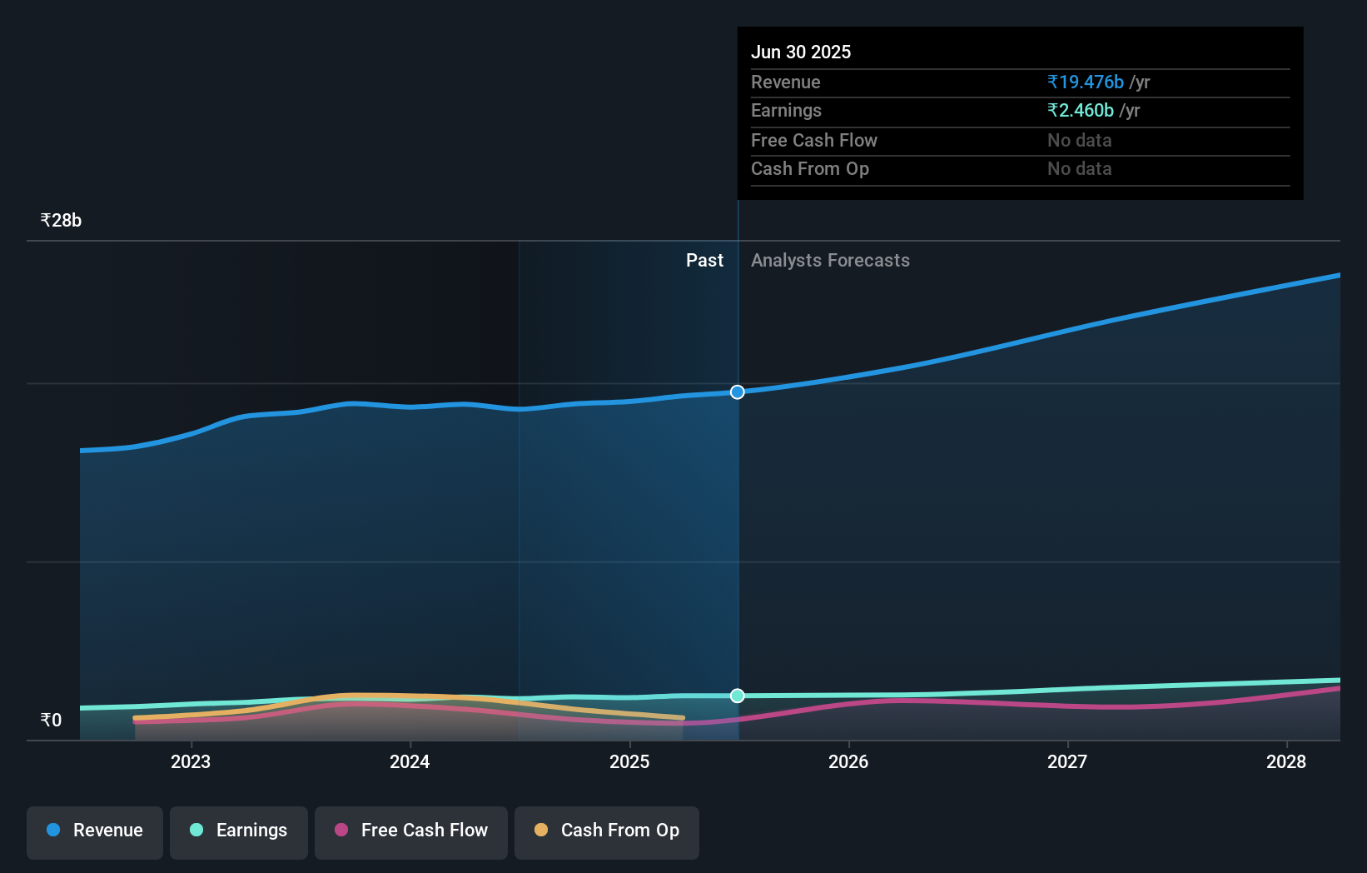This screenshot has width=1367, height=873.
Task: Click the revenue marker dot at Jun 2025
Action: (x=738, y=392)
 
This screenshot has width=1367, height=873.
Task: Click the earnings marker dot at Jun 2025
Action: (x=738, y=696)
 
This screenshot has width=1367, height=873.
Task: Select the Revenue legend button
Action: (x=95, y=831)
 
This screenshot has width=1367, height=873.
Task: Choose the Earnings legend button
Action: (x=239, y=831)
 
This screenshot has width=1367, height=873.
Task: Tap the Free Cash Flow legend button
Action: (x=411, y=831)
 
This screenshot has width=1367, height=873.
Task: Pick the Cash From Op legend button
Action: (x=607, y=831)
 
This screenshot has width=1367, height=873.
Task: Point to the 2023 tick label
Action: (x=191, y=762)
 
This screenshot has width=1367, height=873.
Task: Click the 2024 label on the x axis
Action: (x=410, y=762)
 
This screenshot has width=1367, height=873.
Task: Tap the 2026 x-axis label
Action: (x=848, y=762)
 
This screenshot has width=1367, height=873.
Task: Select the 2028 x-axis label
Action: (x=1286, y=762)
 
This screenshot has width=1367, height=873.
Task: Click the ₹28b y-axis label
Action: (x=61, y=221)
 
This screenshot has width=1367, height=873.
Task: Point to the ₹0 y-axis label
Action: (x=51, y=721)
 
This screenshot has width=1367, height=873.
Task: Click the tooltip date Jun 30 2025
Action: (x=801, y=52)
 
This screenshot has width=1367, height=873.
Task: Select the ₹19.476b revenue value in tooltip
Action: (x=1086, y=82)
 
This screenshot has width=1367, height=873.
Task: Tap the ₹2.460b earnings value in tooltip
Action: (x=1081, y=111)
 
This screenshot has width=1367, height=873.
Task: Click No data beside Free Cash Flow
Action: (x=1079, y=141)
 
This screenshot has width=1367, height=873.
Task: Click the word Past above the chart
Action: (x=704, y=261)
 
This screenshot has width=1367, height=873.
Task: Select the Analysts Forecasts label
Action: (x=830, y=261)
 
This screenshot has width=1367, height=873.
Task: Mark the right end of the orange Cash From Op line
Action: (x=683, y=717)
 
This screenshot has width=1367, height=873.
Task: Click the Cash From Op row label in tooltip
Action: (x=809, y=169)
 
